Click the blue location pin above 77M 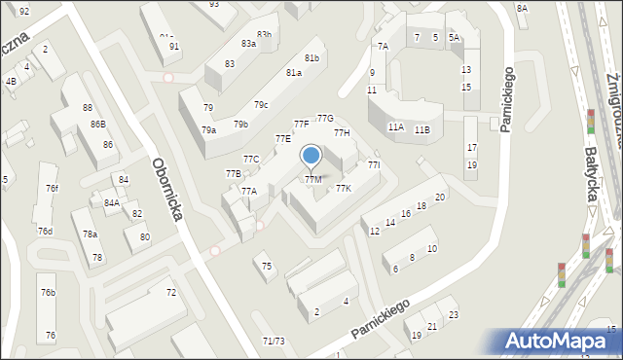pos(311,156)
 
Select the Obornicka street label pos(166,189)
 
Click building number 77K pos(344,188)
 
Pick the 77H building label pos(342,132)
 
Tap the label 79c pos(261,104)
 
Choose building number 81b pos(311,58)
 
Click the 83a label pos(248,43)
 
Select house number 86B pos(98,124)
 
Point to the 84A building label pos(112,202)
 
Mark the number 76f pos(52,189)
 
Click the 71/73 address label pos(274,341)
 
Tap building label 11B pos(421,129)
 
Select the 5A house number pos(454,37)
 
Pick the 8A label pos(522,8)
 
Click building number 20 pos(440,198)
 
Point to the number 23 pos(453,314)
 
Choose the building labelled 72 pos(170,292)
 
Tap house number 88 pos(88,107)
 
